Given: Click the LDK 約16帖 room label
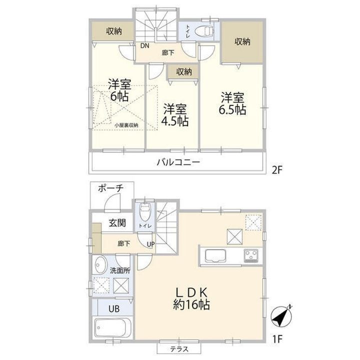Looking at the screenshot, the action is coord(191,298).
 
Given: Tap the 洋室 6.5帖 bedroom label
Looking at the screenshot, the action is coord(232,103).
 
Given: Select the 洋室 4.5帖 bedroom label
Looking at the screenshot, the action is coord(175,115).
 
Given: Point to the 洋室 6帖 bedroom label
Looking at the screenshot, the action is coord(119,90).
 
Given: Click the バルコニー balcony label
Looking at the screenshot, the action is coord(178,162).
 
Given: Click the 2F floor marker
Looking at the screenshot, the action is coord(276,170).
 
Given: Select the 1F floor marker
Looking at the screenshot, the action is coord(277,338).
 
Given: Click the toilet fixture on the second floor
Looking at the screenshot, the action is coord(204,31).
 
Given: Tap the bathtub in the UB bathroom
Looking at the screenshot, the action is coord(112,327).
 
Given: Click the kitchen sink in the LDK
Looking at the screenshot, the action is coord(215,255).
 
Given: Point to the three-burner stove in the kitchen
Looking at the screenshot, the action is coord(251,255).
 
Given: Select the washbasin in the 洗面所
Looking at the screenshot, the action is coord(100,264).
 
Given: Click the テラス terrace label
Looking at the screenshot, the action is coord(179,349).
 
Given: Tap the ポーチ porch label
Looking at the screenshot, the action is coord(110,188).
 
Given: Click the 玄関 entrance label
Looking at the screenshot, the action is coord(117,222).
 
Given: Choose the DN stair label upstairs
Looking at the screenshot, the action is coord(144,45).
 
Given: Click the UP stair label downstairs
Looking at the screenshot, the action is coord(151,244).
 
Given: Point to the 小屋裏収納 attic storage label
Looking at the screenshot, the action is coord(126,125).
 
